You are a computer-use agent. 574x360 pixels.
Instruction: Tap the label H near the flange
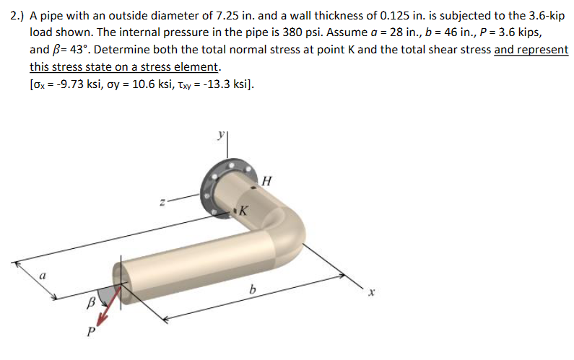click(266, 180)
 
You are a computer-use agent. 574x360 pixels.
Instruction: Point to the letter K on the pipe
click(243, 211)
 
